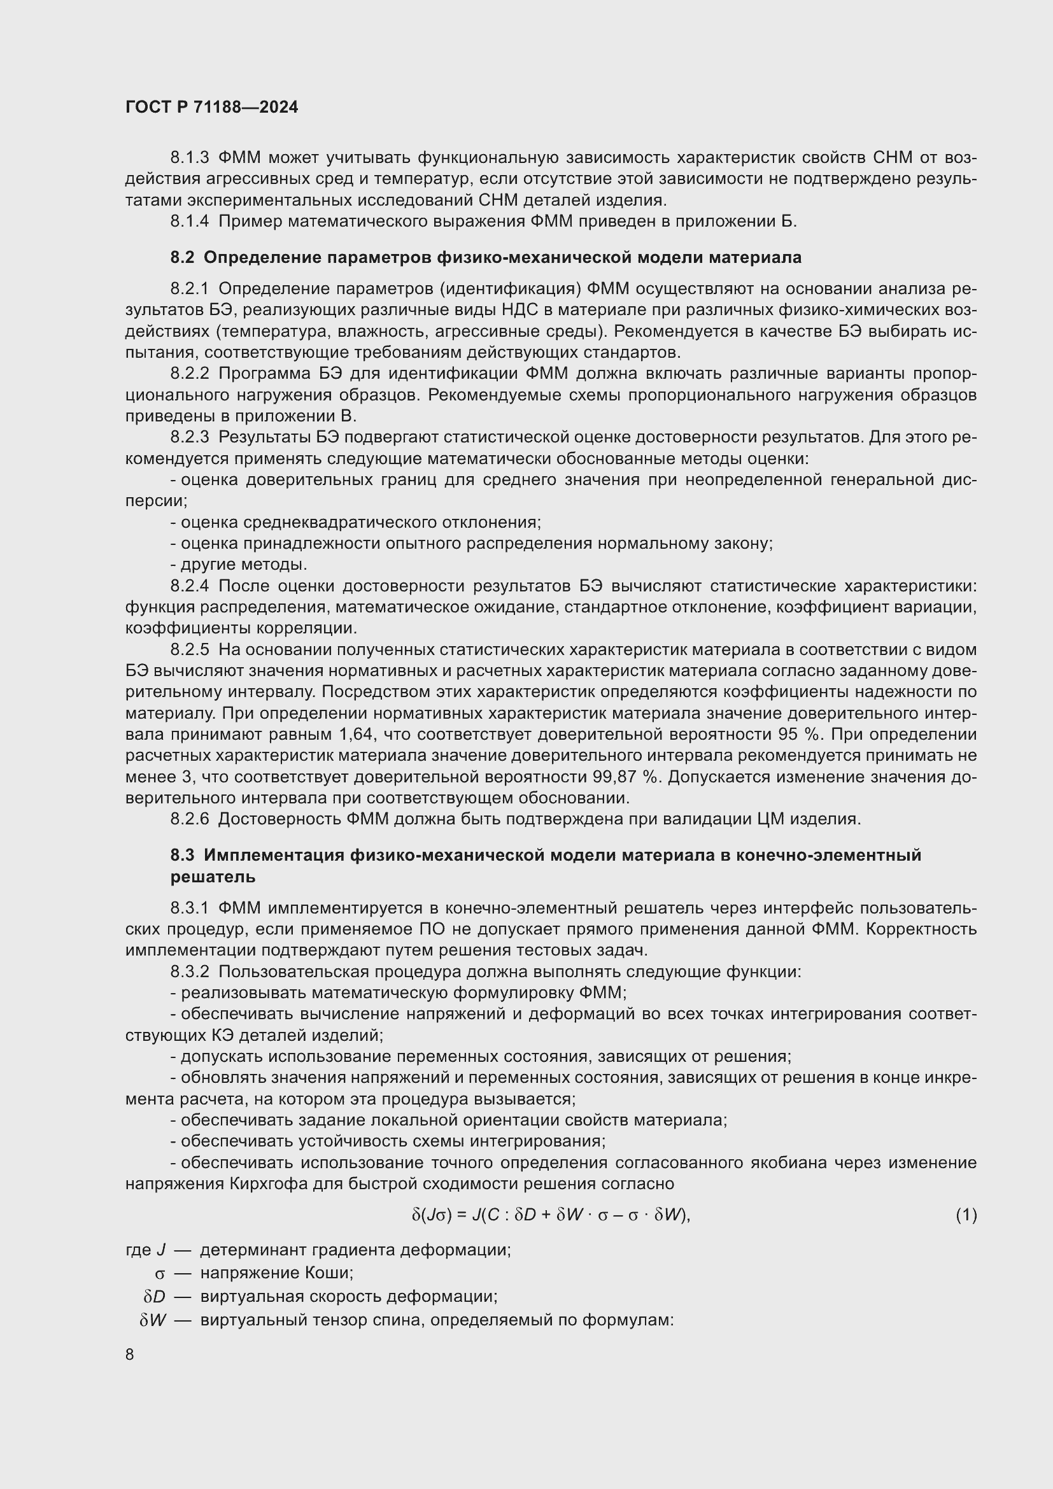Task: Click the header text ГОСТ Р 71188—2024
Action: pos(211,107)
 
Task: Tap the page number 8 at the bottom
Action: pos(130,1354)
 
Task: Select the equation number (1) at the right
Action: pos(966,1215)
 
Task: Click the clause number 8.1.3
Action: pos(189,158)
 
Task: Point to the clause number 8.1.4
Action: pos(189,221)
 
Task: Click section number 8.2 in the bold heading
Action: pos(182,257)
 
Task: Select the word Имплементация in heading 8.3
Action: pos(274,855)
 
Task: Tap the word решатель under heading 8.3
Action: pos(213,877)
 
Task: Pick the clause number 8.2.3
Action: pos(189,438)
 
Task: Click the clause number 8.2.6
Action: pos(189,819)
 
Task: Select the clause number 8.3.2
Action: pos(189,971)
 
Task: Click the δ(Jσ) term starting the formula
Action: pos(431,1215)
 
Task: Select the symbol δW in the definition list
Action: pos(153,1320)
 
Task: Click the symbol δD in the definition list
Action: pos(154,1296)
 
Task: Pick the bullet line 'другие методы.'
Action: pos(239,564)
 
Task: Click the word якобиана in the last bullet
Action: pos(787,1163)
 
